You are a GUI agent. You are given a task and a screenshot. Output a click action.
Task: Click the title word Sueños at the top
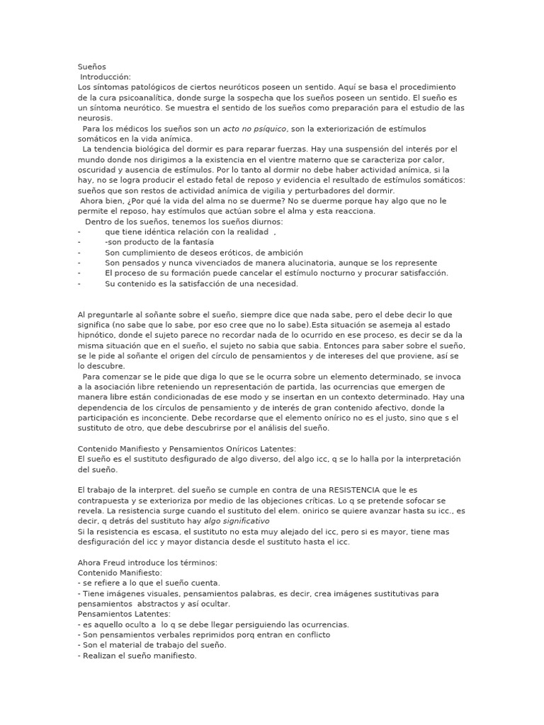[x=90, y=67]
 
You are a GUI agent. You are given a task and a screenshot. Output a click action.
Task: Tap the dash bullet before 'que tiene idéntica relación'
[x=79, y=232]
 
